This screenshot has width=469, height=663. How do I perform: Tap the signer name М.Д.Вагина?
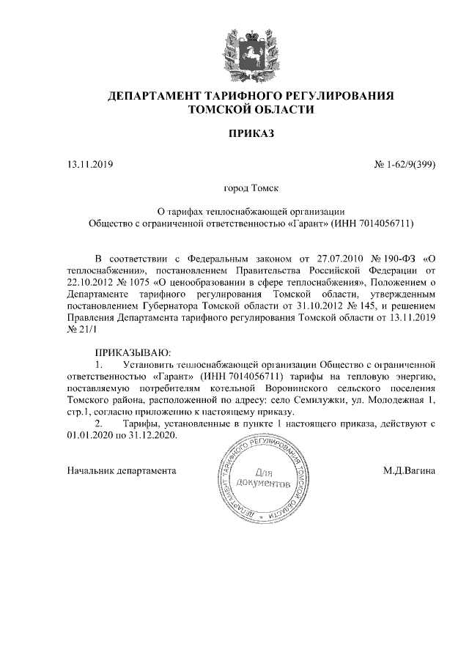409,471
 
